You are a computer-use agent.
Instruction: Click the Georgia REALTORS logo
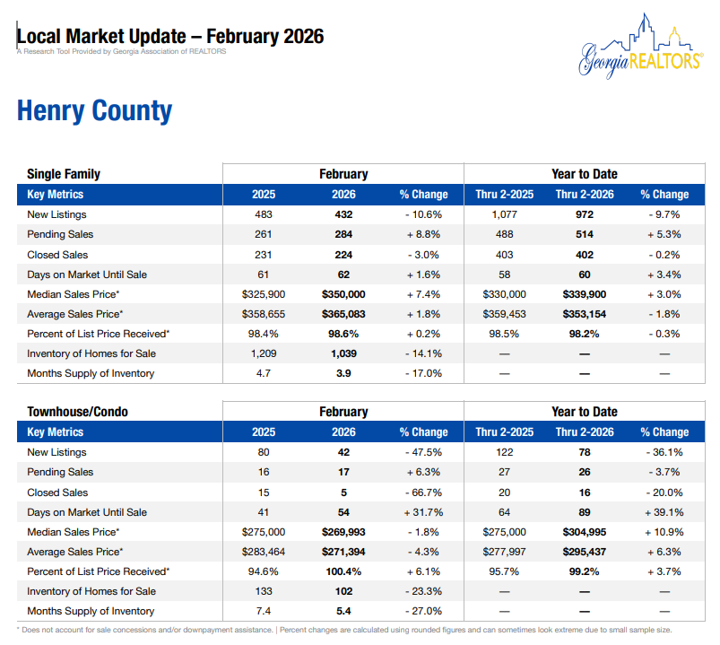[x=639, y=49]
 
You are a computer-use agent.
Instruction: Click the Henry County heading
[x=94, y=111]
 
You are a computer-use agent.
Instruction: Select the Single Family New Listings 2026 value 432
[x=343, y=214]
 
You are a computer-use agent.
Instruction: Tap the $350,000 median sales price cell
[x=343, y=294]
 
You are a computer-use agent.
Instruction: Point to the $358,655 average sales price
[x=264, y=314]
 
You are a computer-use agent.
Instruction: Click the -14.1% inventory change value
[x=423, y=353]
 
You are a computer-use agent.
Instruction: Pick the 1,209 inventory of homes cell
[x=264, y=353]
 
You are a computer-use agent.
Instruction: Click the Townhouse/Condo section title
[x=77, y=412]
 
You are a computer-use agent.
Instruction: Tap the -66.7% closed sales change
[x=423, y=492]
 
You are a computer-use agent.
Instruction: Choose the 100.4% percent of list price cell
[x=343, y=571]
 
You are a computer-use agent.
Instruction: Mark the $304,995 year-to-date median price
[x=585, y=532]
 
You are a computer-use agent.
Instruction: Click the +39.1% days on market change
[x=664, y=512]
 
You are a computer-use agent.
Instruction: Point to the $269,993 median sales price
[x=343, y=532]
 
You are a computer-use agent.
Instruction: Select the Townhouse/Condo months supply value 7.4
[x=264, y=611]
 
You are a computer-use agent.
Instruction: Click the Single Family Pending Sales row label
[x=73, y=234]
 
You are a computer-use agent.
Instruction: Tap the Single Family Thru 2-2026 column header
[x=585, y=195]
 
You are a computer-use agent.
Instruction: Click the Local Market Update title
[x=170, y=37]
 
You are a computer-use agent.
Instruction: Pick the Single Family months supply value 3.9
[x=343, y=373]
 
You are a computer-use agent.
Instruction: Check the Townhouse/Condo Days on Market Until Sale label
[x=87, y=512]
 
